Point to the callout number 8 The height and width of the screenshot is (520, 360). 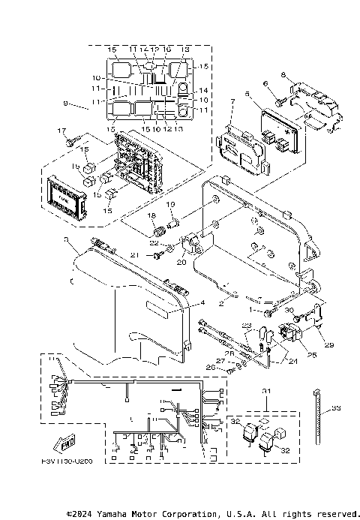click(x=283, y=75)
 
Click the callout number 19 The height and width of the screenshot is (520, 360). click(x=170, y=204)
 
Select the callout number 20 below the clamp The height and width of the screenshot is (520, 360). click(x=181, y=262)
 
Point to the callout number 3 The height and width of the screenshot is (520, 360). click(x=66, y=239)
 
